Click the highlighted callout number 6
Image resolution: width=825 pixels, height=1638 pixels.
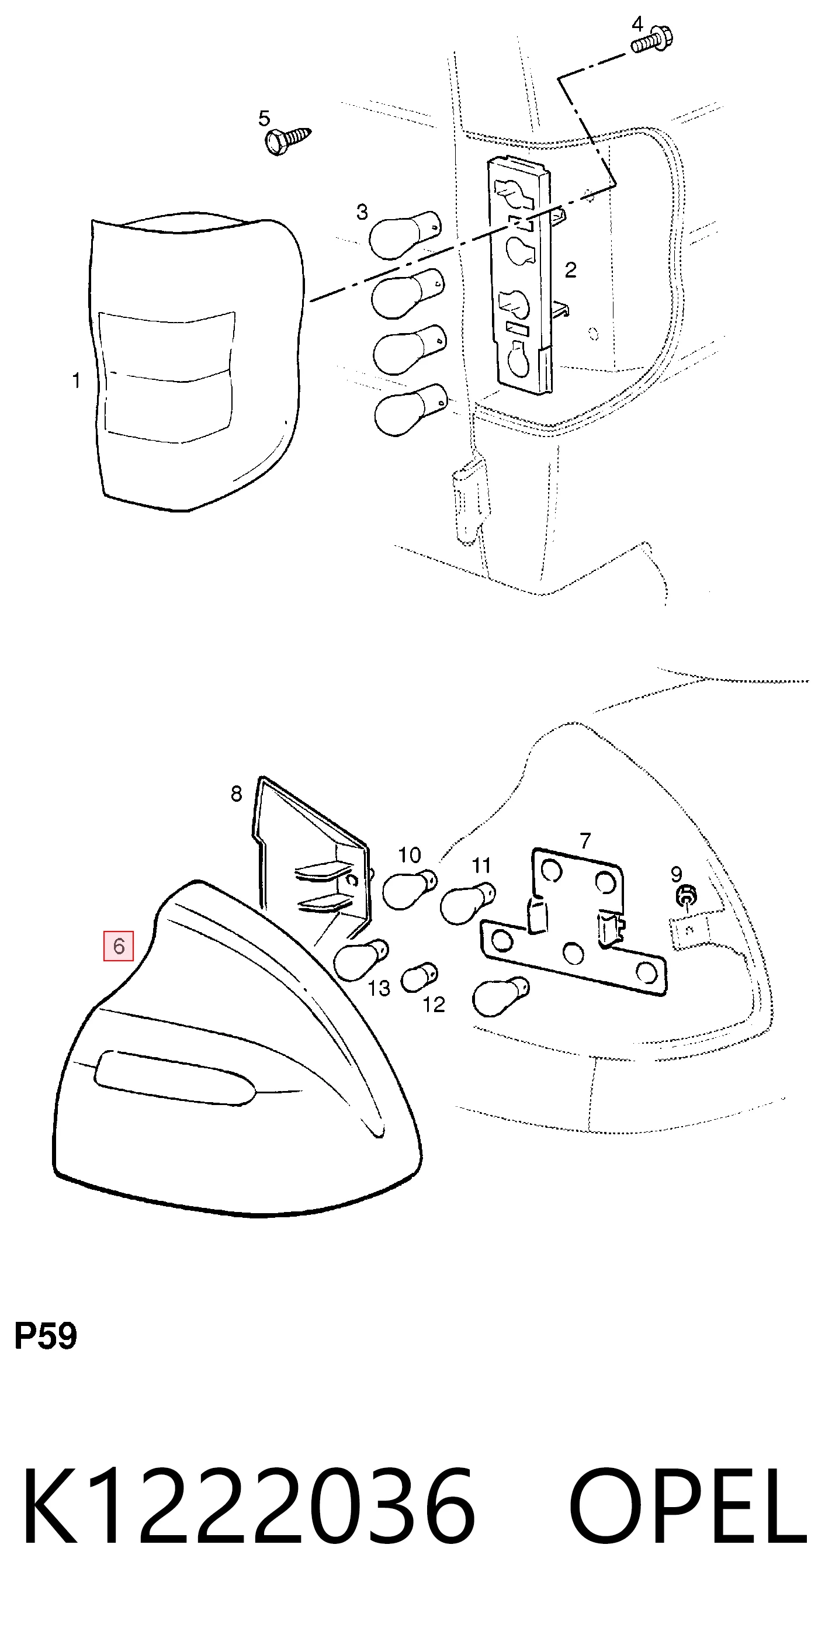[119, 946]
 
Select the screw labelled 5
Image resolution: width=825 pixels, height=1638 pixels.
[288, 140]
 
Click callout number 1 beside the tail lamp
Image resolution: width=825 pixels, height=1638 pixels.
[77, 381]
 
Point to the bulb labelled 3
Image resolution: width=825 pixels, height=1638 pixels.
[405, 236]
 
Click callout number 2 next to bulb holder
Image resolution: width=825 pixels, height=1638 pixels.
[571, 270]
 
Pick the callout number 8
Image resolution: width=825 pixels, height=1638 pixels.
[237, 794]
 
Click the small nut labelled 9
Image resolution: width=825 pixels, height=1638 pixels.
[686, 897]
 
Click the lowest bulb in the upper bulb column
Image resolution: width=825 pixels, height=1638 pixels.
[411, 410]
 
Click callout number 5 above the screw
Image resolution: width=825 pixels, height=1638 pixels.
[265, 118]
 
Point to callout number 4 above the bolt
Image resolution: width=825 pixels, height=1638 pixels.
[638, 24]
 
